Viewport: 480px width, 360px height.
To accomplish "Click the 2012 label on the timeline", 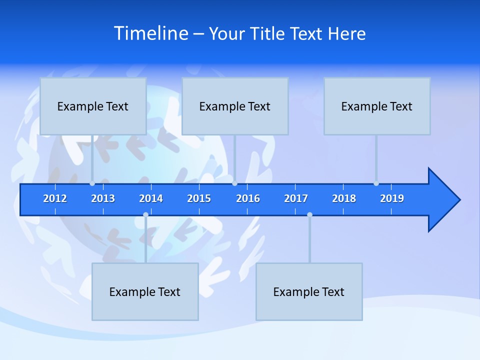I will point(55,198).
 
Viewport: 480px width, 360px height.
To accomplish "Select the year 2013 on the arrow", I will point(103,198).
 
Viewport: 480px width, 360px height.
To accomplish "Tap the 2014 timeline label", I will point(151,198).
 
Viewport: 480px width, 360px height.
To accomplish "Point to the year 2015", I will point(199,198).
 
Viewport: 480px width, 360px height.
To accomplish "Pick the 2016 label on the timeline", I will point(248,198).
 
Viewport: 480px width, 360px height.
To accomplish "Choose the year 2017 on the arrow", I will point(296,198).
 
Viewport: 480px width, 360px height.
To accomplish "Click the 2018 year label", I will point(344,198).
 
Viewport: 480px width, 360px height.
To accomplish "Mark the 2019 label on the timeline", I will point(392,198).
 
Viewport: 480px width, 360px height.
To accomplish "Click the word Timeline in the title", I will point(150,33).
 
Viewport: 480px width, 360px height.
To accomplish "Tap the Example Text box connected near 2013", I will point(93,106).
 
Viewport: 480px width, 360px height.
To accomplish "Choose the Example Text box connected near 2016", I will point(235,106).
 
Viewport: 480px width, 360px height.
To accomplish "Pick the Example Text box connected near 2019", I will point(377,106).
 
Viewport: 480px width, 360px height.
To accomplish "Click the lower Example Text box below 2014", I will point(145,291).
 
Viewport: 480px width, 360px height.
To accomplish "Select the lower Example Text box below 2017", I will point(309,291).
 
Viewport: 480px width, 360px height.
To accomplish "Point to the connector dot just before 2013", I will point(92,183).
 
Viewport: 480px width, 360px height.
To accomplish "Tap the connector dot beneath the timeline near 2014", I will point(145,214).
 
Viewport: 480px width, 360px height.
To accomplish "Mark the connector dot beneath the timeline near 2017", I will point(309,214).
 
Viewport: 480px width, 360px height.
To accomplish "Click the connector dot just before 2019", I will point(376,183).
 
